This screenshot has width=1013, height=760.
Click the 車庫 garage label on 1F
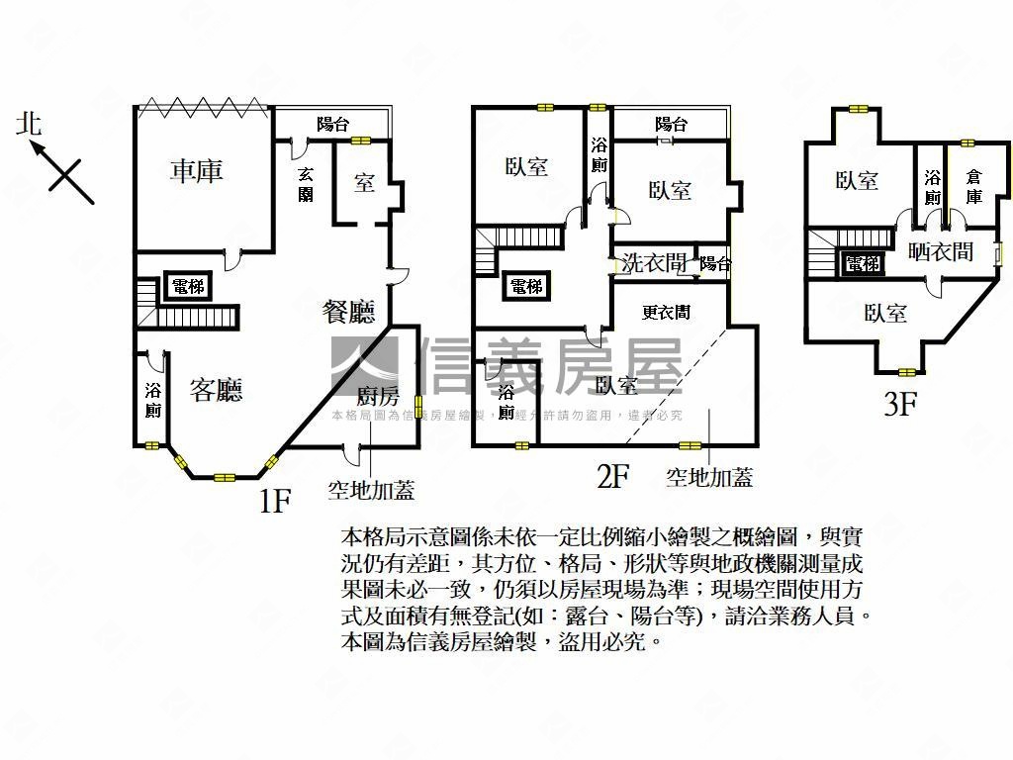(197, 171)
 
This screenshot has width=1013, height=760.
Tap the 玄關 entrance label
(307, 184)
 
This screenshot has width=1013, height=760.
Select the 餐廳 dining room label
(349, 313)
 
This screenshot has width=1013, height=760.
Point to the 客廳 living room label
(217, 390)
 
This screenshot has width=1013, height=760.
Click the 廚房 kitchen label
(377, 397)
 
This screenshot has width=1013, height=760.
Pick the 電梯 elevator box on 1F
(188, 287)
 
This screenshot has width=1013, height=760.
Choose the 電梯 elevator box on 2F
(526, 287)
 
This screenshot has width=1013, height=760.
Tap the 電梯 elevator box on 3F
(863, 264)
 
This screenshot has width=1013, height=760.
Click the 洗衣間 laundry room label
(654, 263)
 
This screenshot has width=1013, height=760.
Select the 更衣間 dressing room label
(666, 313)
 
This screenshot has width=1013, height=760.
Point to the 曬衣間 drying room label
(940, 252)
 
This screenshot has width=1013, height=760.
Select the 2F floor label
(613, 478)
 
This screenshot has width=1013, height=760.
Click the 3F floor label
(900, 405)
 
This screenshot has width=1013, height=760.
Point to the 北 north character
(29, 124)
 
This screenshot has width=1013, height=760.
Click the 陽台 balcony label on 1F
(332, 125)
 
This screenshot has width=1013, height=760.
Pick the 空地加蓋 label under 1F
(371, 490)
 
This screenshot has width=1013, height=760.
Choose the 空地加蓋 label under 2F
(709, 478)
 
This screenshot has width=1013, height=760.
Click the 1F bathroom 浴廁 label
(153, 401)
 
